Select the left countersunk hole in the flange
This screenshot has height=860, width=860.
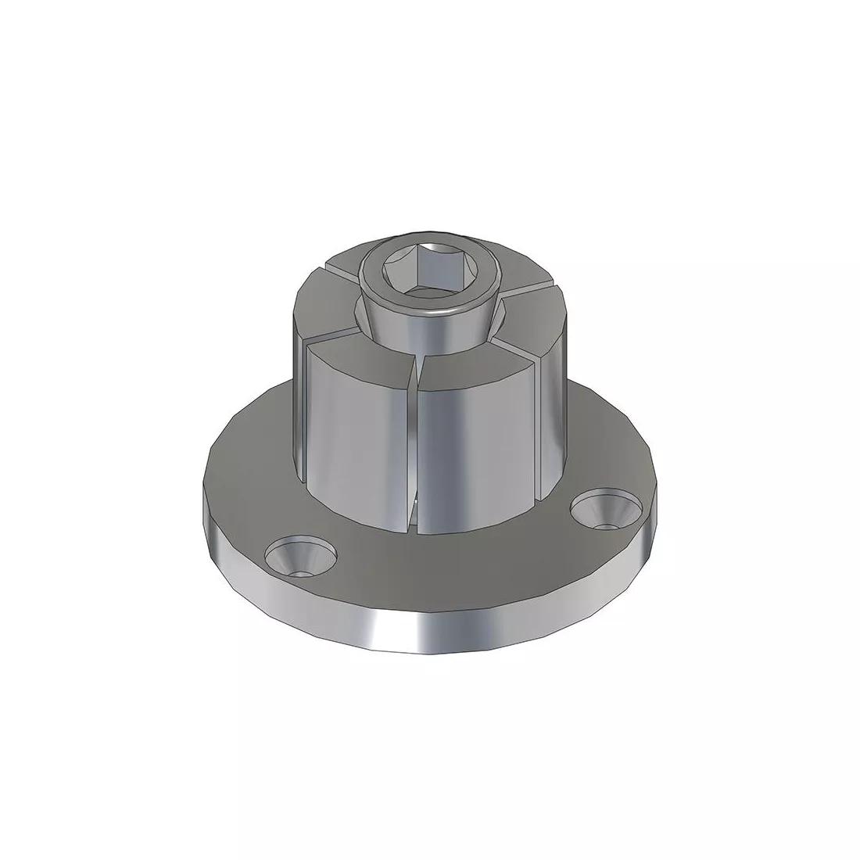pos(300,557)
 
